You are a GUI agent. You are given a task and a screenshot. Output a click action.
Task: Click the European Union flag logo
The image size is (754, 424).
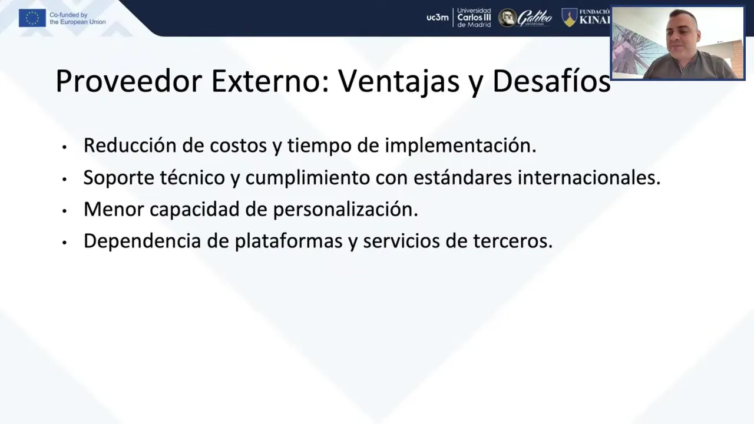[32, 18]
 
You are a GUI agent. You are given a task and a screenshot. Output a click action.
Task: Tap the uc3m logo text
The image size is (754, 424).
[437, 18]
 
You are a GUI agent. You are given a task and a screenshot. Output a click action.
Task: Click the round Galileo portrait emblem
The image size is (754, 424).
[507, 18]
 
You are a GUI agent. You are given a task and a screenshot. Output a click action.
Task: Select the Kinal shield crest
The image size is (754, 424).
[569, 18]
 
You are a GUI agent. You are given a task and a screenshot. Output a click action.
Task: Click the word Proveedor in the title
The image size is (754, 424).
[128, 81]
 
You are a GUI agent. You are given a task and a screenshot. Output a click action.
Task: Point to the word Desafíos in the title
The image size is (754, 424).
[551, 81]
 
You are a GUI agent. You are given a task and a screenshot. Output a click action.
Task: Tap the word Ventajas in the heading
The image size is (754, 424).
[399, 82]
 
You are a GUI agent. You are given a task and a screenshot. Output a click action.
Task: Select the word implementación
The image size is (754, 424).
[461, 145]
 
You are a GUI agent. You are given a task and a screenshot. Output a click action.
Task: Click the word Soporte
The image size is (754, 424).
[119, 178]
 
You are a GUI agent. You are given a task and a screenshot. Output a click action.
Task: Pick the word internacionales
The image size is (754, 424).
[589, 177]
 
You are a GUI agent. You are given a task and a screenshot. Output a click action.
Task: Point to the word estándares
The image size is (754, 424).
[463, 177]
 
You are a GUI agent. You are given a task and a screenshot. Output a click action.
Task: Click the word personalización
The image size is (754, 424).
[345, 210]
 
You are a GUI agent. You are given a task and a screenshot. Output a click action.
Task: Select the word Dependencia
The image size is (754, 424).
[143, 241]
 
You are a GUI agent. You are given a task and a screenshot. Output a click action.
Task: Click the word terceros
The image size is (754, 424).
[512, 241]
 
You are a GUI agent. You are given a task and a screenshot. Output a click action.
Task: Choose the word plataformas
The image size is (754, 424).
[289, 241]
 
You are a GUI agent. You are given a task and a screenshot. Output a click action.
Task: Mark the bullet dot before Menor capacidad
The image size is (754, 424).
[64, 211]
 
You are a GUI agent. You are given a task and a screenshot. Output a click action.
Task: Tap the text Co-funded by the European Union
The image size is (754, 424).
[77, 18]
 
